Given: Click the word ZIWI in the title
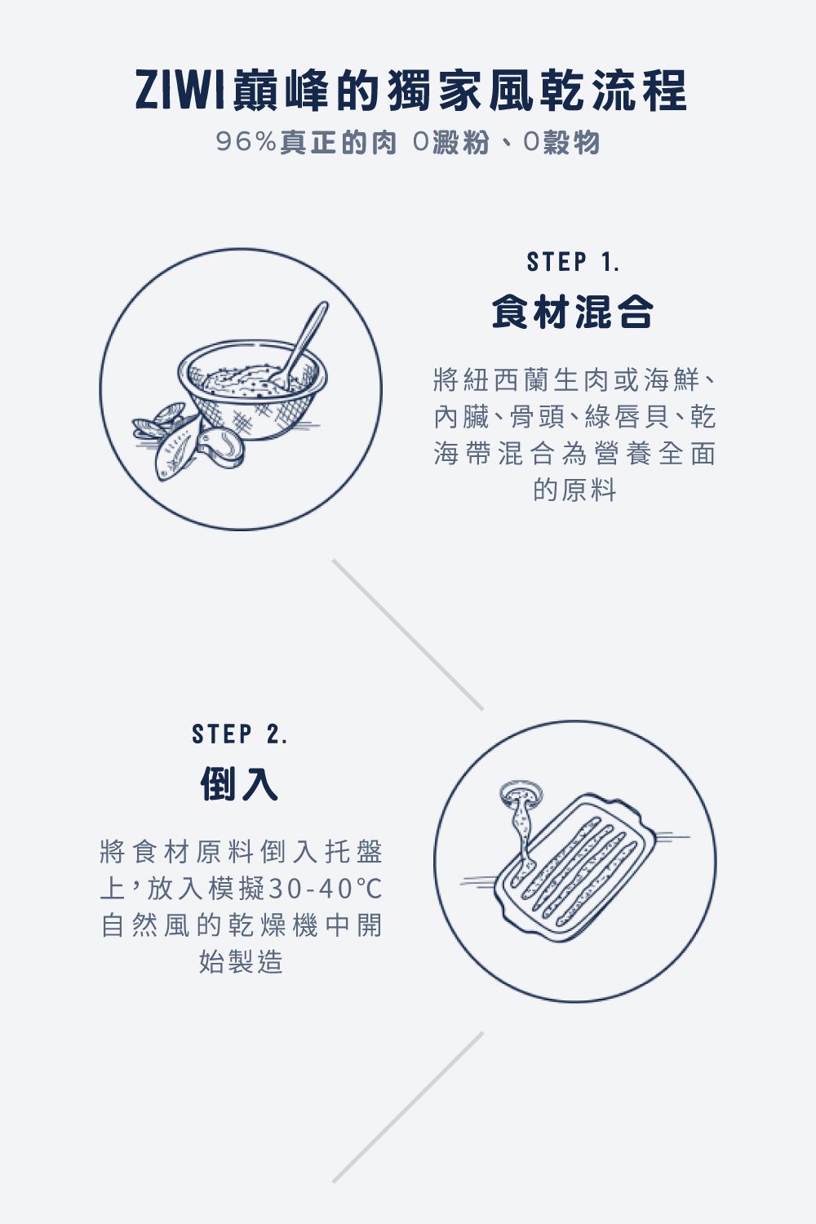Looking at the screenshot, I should [x=180, y=91].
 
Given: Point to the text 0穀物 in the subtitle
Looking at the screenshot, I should [x=561, y=142].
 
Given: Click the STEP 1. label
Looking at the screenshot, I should [x=573, y=263].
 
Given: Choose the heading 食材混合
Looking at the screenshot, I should [x=573, y=312].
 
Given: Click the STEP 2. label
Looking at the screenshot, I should [x=240, y=734].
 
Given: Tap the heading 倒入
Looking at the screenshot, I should [x=240, y=784].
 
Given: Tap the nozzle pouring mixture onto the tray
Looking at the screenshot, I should [x=520, y=796].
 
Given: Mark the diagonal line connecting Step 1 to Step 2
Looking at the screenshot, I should [x=408, y=634].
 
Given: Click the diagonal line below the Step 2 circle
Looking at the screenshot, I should [x=408, y=1107].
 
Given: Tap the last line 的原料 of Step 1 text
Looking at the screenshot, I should [x=574, y=490].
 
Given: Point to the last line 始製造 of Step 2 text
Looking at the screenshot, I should [x=241, y=961].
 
